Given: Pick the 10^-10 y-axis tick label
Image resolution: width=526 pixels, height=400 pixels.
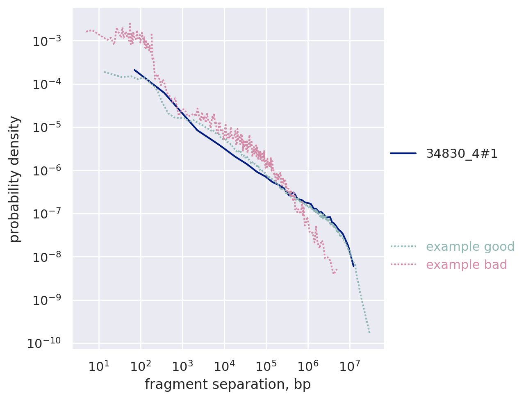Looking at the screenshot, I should [x=46, y=343].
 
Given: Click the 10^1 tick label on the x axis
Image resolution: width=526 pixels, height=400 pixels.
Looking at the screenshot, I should [x=98, y=366].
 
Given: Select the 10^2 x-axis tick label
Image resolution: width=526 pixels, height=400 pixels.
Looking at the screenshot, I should [x=140, y=366].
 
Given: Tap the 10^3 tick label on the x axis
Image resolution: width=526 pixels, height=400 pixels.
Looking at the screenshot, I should [x=182, y=366].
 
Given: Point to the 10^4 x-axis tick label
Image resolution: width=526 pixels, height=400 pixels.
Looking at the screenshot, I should [x=224, y=366].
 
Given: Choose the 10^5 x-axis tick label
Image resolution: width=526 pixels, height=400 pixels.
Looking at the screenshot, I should [x=266, y=366].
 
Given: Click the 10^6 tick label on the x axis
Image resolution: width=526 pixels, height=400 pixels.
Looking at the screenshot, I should [x=307, y=366].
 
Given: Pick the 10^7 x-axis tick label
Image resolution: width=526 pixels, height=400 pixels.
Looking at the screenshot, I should [x=349, y=366].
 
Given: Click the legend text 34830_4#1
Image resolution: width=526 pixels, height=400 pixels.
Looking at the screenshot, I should [x=462, y=154].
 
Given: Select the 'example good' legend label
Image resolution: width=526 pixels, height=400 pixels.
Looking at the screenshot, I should [x=470, y=247].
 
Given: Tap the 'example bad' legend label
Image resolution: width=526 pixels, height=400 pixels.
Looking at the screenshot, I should [x=467, y=265].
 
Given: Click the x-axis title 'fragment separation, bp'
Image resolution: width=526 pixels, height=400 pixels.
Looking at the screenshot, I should [x=228, y=385].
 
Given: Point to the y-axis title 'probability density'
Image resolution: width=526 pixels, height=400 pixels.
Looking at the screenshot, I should [x=15, y=179].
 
